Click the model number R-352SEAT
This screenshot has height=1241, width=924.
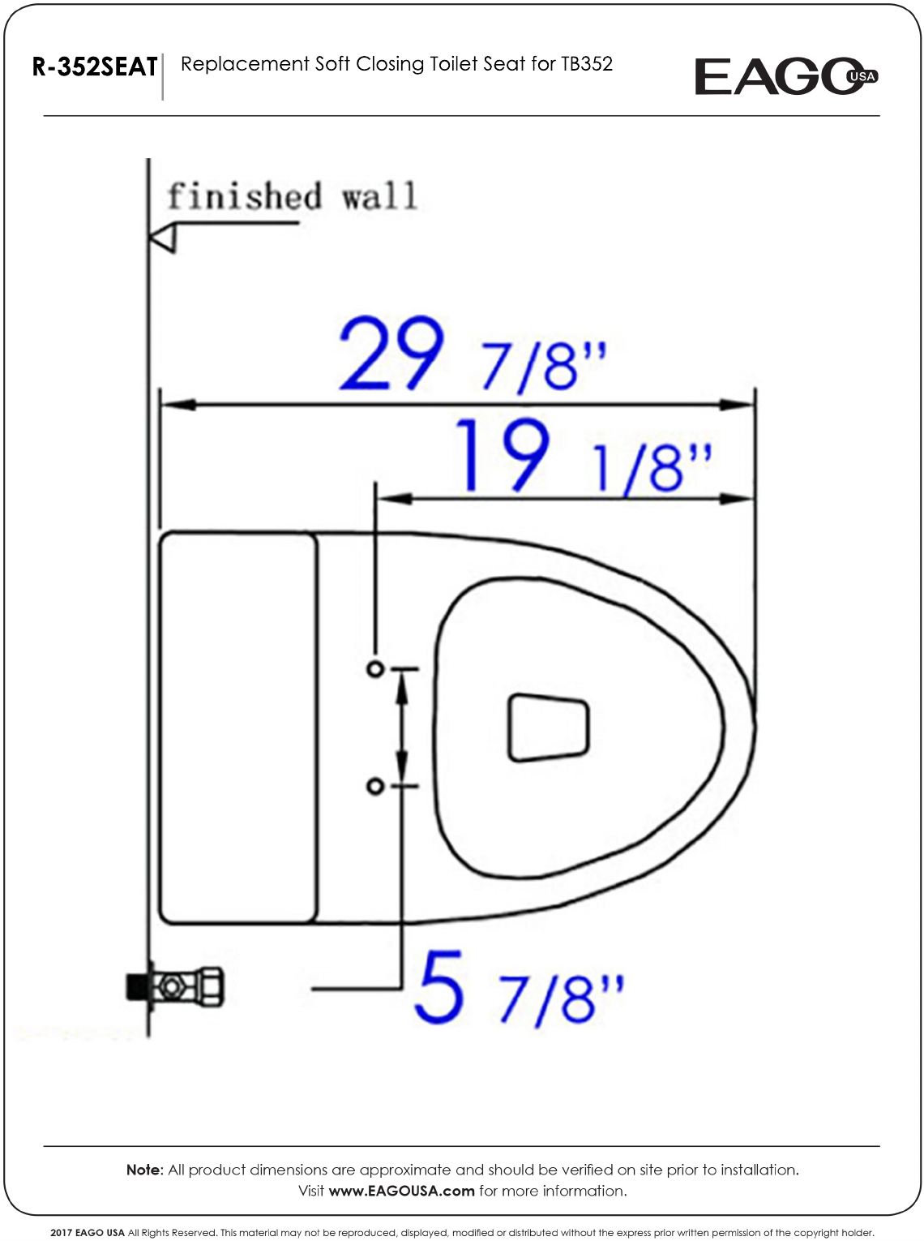pyautogui.click(x=95, y=67)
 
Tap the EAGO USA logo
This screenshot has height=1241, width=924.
pyautogui.click(x=786, y=76)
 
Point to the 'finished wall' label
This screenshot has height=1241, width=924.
pyautogui.click(x=292, y=195)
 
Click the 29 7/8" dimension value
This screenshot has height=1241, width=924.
pyautogui.click(x=473, y=354)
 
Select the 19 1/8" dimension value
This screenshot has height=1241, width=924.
pyautogui.click(x=584, y=456)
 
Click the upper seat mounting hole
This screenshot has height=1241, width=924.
pyautogui.click(x=375, y=668)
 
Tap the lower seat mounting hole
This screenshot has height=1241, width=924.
pyautogui.click(x=375, y=787)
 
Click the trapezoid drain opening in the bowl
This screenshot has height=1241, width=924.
pyautogui.click(x=548, y=728)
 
